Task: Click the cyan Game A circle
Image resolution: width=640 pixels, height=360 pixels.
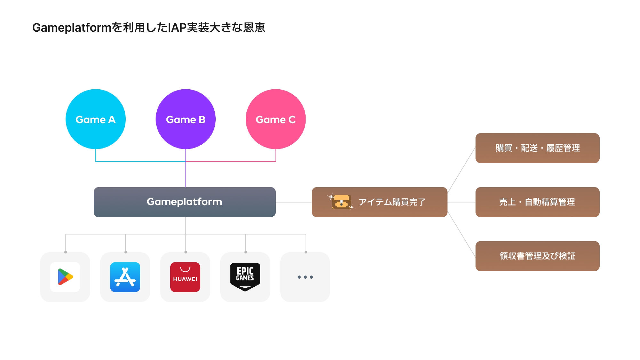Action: [95, 119]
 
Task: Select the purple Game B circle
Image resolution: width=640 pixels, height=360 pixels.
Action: [186, 119]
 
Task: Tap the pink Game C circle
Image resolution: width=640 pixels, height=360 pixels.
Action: [276, 119]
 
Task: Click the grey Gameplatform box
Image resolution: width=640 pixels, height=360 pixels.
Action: [185, 202]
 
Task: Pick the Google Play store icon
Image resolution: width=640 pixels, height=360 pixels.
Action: [65, 277]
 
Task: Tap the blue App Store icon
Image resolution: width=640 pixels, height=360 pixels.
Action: [125, 277]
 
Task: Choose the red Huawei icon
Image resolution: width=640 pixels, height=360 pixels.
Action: [185, 277]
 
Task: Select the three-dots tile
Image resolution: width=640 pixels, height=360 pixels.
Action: [305, 277]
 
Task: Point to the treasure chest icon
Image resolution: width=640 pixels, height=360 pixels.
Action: [341, 202]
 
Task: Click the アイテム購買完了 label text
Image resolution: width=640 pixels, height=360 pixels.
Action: [392, 202]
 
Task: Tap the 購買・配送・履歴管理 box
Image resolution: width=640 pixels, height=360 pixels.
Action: [537, 148]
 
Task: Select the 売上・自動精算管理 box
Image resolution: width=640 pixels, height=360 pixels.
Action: [537, 202]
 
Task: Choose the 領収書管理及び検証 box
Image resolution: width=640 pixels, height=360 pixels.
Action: [537, 256]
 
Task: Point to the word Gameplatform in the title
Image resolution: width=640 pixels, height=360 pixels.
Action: [72, 28]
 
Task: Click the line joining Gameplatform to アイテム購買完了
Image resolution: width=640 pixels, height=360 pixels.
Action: [293, 202]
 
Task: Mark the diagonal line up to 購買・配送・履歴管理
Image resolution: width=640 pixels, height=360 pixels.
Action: [461, 170]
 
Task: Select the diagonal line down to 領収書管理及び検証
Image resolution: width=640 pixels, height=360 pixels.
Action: [461, 235]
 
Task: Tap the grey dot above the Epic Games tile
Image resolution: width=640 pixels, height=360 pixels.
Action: [246, 252]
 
